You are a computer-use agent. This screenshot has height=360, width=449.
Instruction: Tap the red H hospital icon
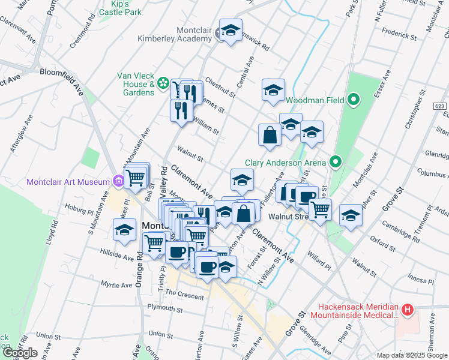pyautogui.click(x=408, y=310)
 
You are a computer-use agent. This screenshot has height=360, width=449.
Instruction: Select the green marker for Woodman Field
pyautogui.click(x=354, y=100)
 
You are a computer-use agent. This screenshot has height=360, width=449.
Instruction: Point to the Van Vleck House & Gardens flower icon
pyautogui.click(x=163, y=82)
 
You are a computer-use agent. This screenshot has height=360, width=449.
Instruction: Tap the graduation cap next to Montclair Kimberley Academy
pyautogui.click(x=230, y=31)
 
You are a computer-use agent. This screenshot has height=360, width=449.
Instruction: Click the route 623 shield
pyautogui.click(x=441, y=106)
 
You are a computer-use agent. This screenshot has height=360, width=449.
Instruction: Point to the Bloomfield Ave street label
pyautogui.click(x=61, y=74)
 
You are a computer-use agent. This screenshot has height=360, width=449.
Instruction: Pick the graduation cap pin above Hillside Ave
pyautogui.click(x=125, y=230)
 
